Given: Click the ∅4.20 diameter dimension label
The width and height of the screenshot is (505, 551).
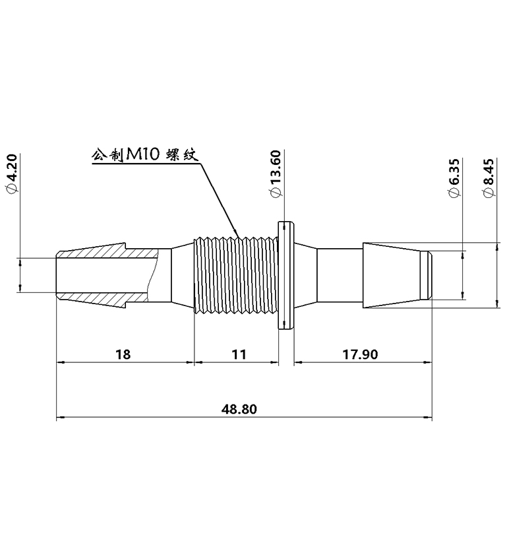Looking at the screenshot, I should point(11,174).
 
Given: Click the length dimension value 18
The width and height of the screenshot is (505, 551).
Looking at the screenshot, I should point(123,354).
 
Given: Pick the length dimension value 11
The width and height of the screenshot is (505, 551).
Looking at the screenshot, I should point(239,354).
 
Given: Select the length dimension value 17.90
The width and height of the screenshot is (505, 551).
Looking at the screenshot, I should point(360,354).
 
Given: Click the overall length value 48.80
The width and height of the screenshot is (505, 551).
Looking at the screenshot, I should point(239,409).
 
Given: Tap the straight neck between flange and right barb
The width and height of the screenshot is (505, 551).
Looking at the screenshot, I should point(340,275).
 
